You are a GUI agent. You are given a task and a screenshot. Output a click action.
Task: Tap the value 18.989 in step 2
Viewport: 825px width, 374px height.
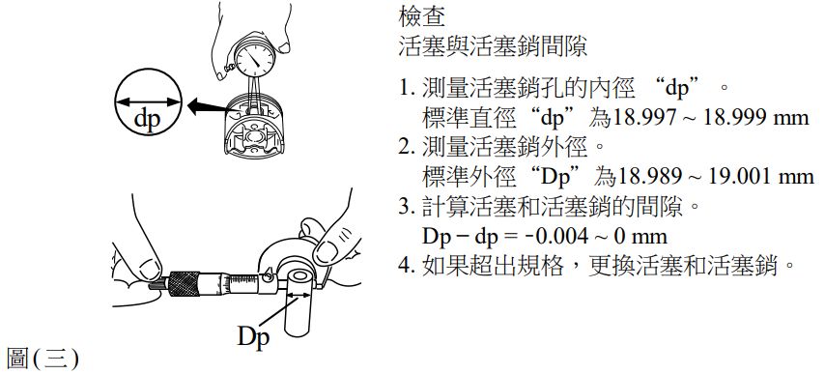tap(649, 177)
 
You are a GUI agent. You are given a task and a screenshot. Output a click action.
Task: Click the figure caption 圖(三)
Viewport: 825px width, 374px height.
tap(43, 360)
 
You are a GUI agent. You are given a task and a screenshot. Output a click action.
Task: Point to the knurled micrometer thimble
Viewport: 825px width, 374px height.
tap(184, 283)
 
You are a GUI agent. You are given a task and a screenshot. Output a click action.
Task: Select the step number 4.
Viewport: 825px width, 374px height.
tap(404, 266)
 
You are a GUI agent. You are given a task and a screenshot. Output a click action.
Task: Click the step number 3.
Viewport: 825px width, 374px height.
tap(404, 207)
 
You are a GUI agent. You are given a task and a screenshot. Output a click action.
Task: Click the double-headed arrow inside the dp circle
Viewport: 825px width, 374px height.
tap(148, 102)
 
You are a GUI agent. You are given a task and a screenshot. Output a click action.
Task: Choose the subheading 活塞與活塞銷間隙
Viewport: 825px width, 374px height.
tap(493, 46)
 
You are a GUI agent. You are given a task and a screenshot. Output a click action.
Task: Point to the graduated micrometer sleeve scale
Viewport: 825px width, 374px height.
tap(242, 284)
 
